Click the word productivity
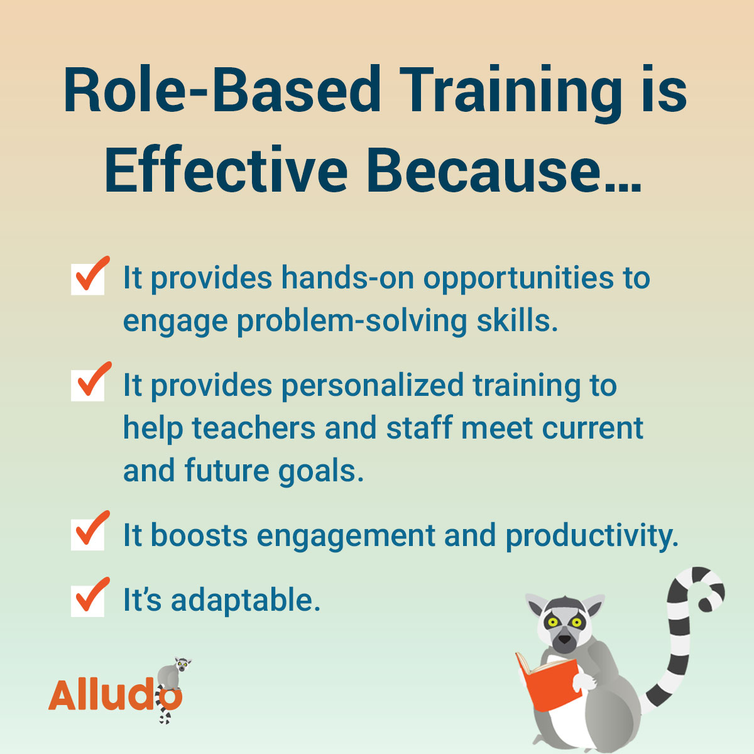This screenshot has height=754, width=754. pos(592,536)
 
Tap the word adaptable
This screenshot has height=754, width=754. pos(246,600)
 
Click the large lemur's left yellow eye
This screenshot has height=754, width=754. pos(553,623)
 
